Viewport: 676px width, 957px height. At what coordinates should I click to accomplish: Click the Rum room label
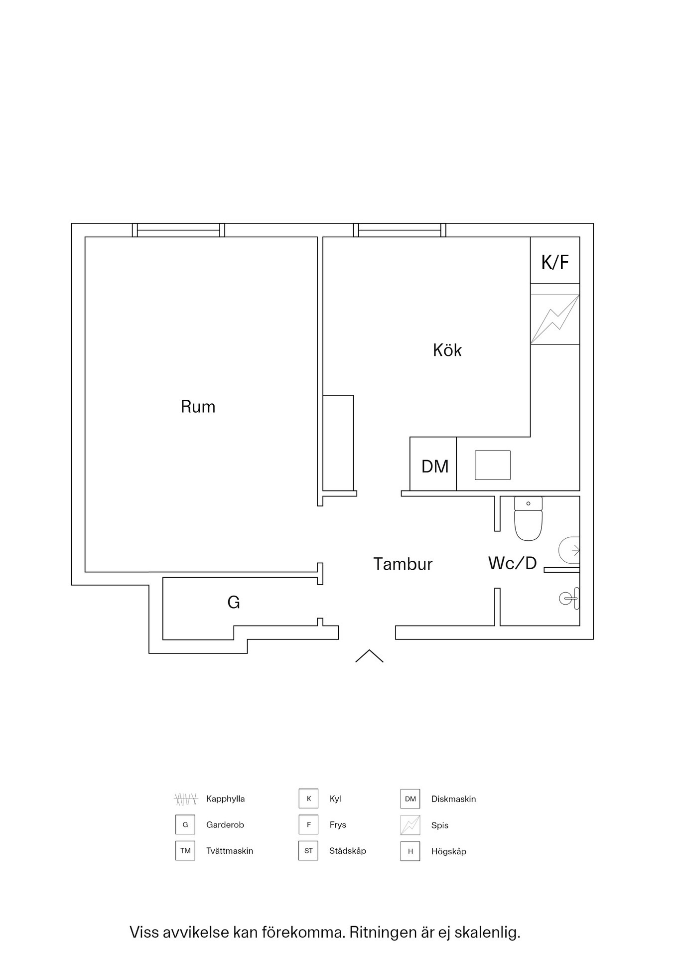(x=198, y=407)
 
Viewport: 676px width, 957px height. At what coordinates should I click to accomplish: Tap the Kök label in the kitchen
(x=447, y=350)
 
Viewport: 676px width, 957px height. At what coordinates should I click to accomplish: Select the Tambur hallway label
(x=403, y=564)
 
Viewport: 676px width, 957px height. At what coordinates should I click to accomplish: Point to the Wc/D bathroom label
(x=512, y=563)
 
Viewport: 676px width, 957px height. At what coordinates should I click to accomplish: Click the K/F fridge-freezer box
(x=555, y=260)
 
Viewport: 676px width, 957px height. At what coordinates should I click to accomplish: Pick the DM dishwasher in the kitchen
(x=433, y=464)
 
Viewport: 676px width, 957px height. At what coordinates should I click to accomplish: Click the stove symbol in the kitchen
(x=555, y=319)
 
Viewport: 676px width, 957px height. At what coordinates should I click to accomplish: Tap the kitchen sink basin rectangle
(x=493, y=465)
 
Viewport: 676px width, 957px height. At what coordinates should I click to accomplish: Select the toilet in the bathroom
(x=528, y=518)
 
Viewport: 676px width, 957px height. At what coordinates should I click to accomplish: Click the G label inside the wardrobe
(x=234, y=603)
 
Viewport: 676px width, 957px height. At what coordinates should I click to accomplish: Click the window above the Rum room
(x=178, y=230)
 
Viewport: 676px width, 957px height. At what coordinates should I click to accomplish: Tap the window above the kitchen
(x=400, y=230)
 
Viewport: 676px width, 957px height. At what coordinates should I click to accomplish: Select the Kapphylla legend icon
(x=186, y=799)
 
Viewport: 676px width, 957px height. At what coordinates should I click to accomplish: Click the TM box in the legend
(x=185, y=851)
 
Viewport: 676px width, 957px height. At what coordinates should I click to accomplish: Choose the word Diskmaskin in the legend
(x=453, y=799)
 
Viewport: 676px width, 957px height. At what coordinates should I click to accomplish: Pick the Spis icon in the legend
(x=410, y=825)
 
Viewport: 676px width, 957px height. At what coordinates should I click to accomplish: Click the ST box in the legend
(x=308, y=851)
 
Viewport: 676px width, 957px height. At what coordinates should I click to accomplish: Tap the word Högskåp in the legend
(x=449, y=851)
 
